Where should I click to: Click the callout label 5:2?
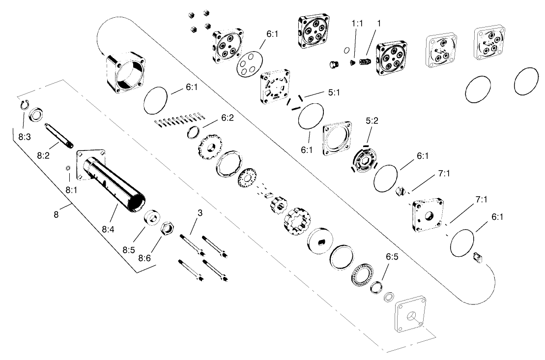point(372,120)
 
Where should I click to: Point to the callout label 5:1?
point(333,92)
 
